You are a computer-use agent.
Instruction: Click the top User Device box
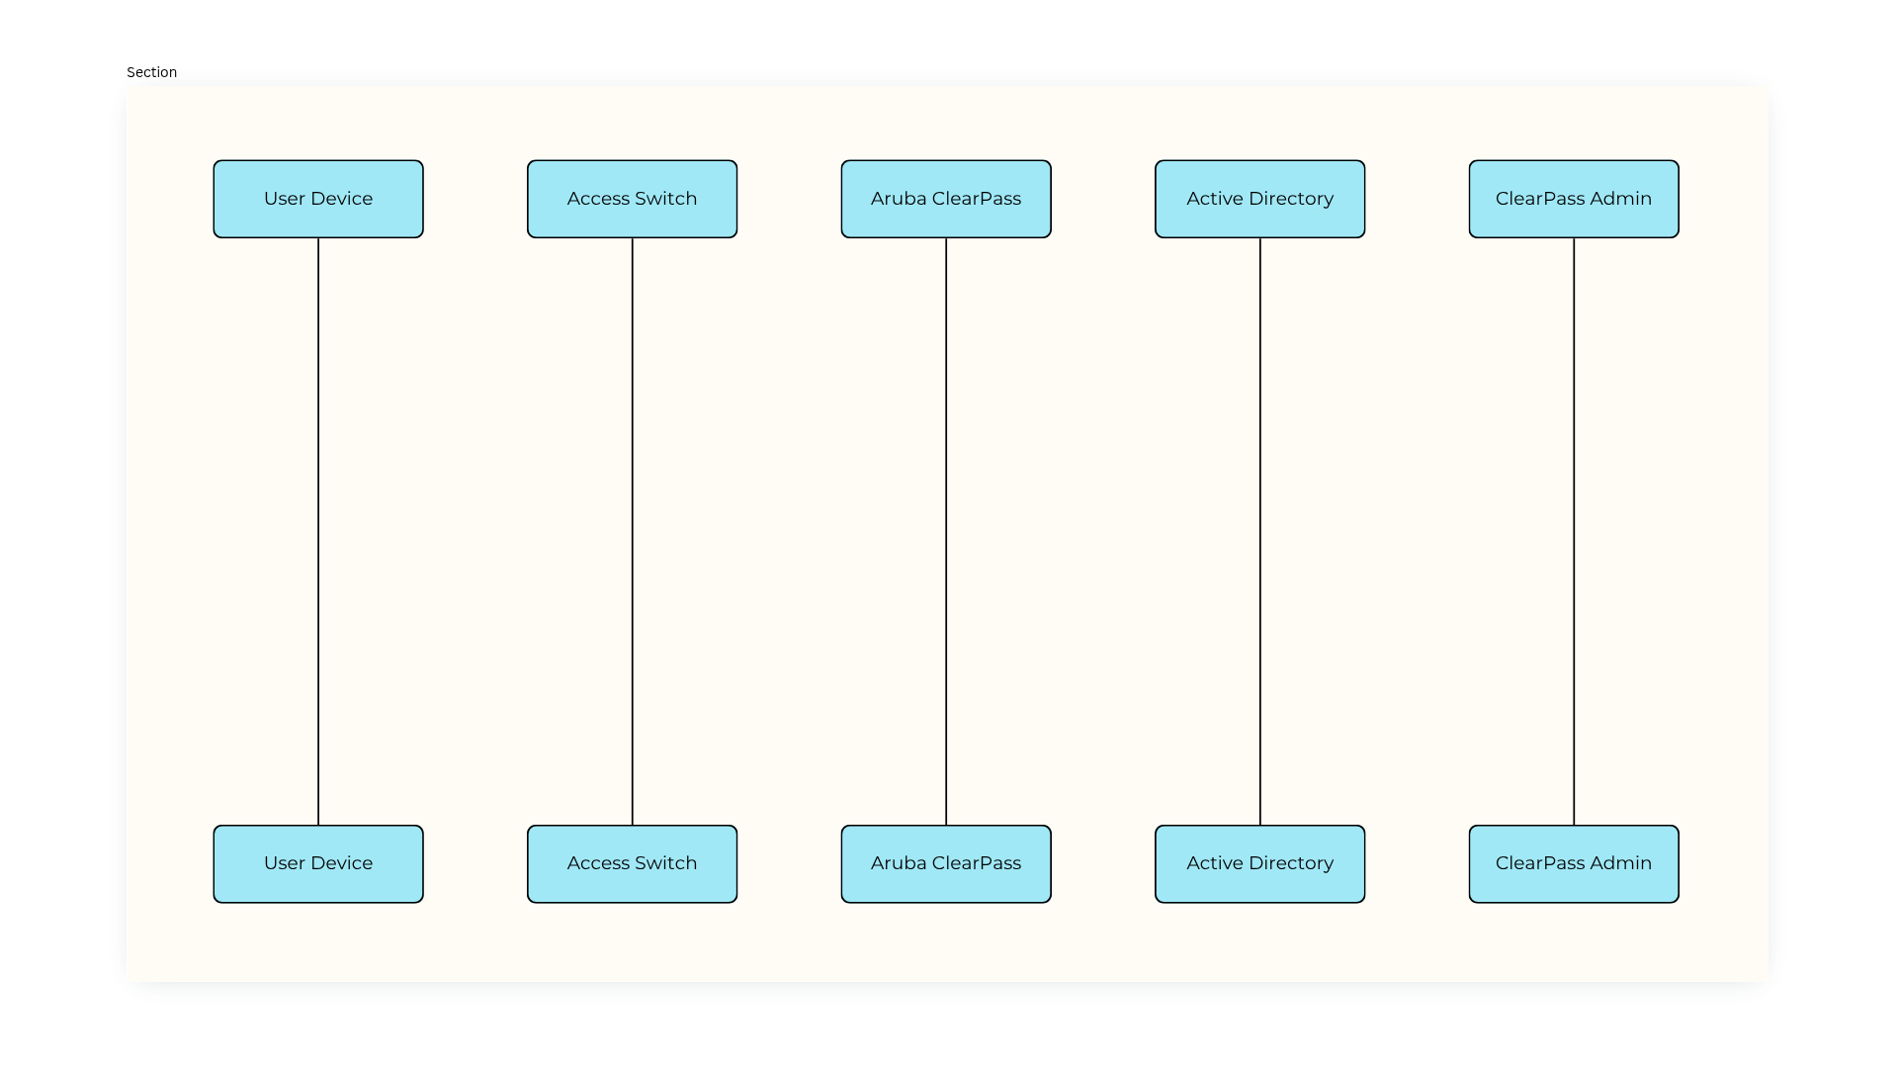pyautogui.click(x=318, y=199)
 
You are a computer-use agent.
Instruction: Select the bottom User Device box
pyautogui.click(x=318, y=864)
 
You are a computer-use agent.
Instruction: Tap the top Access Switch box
pyautogui.click(x=633, y=199)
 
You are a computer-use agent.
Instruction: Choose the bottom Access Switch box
pyautogui.click(x=633, y=864)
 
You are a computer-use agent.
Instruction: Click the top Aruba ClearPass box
pyautogui.click(x=946, y=199)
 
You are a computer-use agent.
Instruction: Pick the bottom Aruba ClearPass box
pyautogui.click(x=946, y=864)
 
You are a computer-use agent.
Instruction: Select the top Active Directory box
pyautogui.click(x=1260, y=199)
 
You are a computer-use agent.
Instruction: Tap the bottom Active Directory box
pyautogui.click(x=1260, y=864)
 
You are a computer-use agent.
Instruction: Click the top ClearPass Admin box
pyautogui.click(x=1574, y=199)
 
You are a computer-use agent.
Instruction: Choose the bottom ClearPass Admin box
pyautogui.click(x=1574, y=864)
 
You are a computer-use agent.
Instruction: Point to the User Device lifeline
pyautogui.click(x=318, y=532)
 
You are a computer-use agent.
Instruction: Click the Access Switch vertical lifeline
pyautogui.click(x=633, y=532)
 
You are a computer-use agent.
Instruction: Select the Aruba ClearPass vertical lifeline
pyautogui.click(x=946, y=532)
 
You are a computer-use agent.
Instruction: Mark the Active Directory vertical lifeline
pyautogui.click(x=1260, y=532)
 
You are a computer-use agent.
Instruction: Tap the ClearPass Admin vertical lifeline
pyautogui.click(x=1574, y=532)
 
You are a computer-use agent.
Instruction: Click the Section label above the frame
pyautogui.click(x=151, y=72)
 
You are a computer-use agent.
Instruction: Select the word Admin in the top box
pyautogui.click(x=1621, y=199)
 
